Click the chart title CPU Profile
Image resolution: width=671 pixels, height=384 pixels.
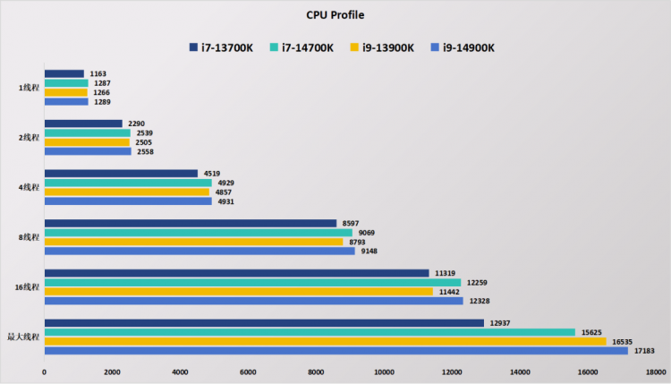tap(335, 15)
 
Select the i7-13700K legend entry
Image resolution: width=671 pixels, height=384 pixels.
tap(221, 47)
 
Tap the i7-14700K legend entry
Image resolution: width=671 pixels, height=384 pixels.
tap(302, 47)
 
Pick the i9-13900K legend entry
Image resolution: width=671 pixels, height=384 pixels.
tap(382, 47)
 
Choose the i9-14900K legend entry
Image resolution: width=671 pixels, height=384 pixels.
tap(463, 47)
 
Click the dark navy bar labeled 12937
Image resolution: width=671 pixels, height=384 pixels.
tap(264, 323)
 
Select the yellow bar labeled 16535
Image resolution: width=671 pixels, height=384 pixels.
tap(326, 341)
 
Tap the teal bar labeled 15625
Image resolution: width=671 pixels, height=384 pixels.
tap(310, 332)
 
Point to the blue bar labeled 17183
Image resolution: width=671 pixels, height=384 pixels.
tap(336, 351)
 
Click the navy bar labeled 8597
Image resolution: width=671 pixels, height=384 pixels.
tap(191, 223)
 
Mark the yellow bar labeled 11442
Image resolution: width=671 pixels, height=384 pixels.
tap(239, 292)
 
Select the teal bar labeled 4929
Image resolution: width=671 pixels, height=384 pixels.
tap(128, 183)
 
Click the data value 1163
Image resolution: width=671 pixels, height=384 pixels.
tap(98, 73)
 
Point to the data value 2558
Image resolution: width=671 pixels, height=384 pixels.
tap(145, 151)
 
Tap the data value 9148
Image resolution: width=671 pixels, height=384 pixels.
tap(369, 251)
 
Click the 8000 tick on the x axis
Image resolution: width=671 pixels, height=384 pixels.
tap(316, 372)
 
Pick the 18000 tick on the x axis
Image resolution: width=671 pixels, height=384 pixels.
tap(656, 372)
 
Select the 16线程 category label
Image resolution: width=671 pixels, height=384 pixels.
tap(27, 286)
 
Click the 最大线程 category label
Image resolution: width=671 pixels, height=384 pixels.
tap(23, 337)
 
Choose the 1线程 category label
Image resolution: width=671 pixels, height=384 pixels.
tap(29, 88)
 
